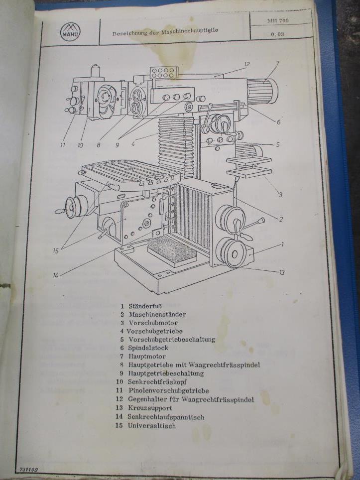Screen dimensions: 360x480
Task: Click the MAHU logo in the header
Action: coord(70,32)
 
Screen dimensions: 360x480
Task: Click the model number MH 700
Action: coord(278,21)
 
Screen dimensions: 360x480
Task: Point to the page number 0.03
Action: coord(277,34)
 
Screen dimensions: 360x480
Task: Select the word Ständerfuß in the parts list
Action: coord(145,306)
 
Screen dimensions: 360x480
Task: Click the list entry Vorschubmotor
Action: coord(153,323)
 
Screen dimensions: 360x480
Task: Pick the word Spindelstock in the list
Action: coord(148,348)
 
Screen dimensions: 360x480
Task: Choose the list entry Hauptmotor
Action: coord(147,357)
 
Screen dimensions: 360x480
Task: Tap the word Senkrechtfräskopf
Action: coord(157,382)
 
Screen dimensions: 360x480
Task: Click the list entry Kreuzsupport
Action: coord(150,408)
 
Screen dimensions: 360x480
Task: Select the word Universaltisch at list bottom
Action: coord(152,426)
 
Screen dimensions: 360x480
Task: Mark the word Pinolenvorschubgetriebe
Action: coord(169,390)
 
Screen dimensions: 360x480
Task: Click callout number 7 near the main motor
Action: coord(277,64)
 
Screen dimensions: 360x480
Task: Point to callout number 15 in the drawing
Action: coord(55,251)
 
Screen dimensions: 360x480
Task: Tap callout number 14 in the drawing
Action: coord(55,275)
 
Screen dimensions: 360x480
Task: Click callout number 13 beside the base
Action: coord(282,272)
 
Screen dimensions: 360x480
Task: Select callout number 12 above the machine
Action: coord(247,64)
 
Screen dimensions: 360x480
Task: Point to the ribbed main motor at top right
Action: coord(262,91)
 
